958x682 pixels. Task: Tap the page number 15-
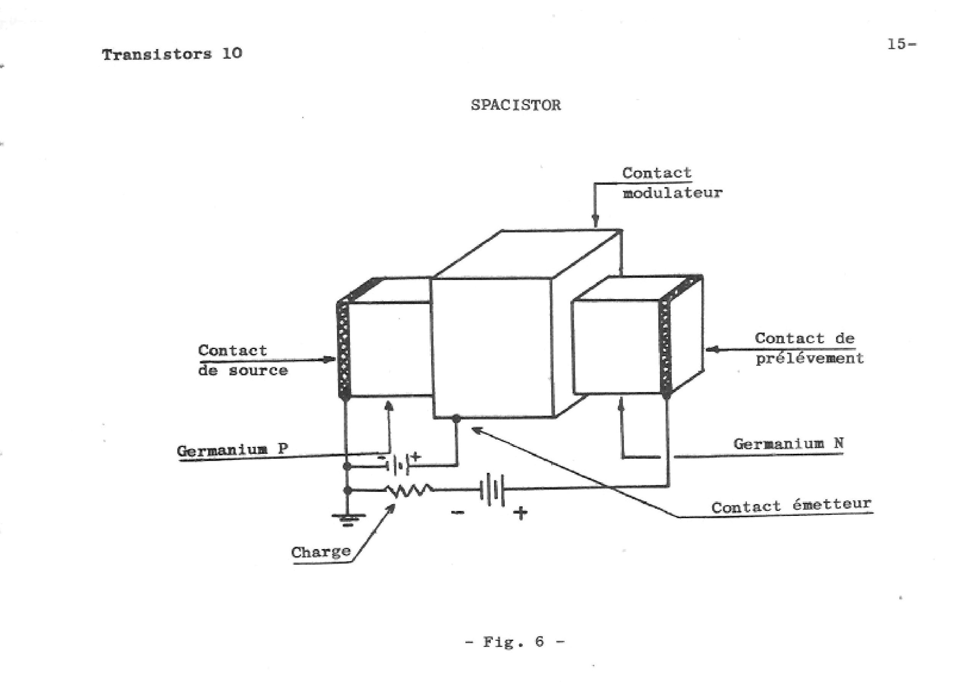click(x=901, y=44)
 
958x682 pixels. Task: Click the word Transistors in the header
click(x=156, y=54)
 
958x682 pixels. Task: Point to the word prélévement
click(x=809, y=358)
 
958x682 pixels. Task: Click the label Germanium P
click(x=232, y=450)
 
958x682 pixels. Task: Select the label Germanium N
click(x=788, y=443)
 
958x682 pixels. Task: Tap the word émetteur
click(x=831, y=504)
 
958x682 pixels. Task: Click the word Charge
click(x=321, y=551)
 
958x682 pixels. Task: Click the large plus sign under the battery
click(x=520, y=513)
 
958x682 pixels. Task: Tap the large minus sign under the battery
click(x=457, y=512)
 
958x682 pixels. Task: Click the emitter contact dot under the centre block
click(x=456, y=418)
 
